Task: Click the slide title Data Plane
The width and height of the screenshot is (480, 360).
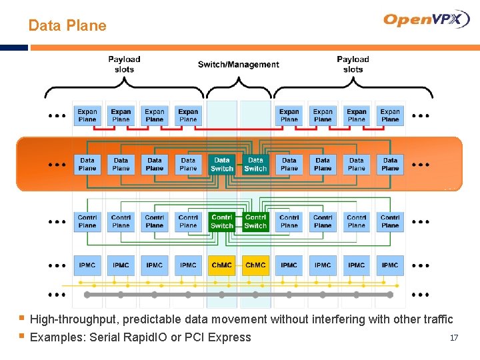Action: (x=67, y=26)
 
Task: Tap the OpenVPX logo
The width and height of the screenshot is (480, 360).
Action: (x=426, y=19)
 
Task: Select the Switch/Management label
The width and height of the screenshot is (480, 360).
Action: (x=238, y=65)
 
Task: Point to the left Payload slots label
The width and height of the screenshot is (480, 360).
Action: (x=124, y=64)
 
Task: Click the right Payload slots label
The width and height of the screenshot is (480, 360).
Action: (x=353, y=64)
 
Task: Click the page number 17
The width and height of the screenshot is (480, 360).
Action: (x=453, y=338)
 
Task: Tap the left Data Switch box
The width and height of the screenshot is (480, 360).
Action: (x=222, y=165)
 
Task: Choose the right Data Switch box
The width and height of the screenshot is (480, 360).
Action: (x=255, y=165)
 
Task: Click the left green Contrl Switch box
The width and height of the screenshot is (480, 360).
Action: (x=222, y=221)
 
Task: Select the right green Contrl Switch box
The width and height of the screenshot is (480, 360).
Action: (x=255, y=221)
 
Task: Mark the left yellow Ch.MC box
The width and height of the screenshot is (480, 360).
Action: (x=222, y=265)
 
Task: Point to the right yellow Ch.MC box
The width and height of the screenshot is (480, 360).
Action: (x=255, y=265)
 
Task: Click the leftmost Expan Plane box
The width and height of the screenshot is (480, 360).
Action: (x=87, y=115)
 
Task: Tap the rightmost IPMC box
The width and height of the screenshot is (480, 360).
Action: (x=390, y=265)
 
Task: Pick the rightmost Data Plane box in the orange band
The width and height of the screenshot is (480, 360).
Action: (x=390, y=164)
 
